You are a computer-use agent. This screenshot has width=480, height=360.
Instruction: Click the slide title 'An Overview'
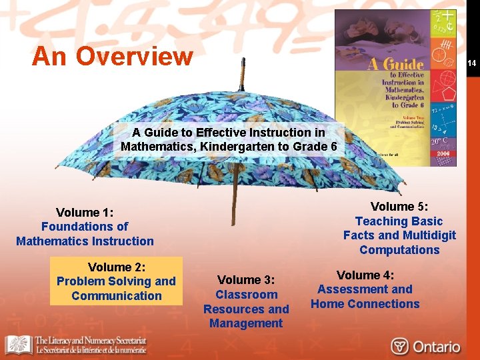(112, 56)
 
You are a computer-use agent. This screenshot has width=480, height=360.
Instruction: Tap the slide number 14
(471, 63)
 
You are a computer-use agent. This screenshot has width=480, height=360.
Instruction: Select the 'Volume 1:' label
(85, 212)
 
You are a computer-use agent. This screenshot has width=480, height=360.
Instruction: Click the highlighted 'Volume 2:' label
(116, 267)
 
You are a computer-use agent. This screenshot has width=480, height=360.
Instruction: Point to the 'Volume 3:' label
(246, 280)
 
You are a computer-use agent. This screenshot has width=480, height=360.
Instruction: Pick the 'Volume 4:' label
(365, 275)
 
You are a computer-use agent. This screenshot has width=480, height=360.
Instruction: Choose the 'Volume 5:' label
(399, 207)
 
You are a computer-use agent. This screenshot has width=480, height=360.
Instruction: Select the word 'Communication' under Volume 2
(117, 296)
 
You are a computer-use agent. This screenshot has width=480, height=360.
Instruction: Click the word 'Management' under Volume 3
(246, 323)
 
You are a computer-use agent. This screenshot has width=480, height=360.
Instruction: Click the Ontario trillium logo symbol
(400, 347)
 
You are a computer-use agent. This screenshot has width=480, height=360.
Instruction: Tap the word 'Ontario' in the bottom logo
(435, 347)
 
